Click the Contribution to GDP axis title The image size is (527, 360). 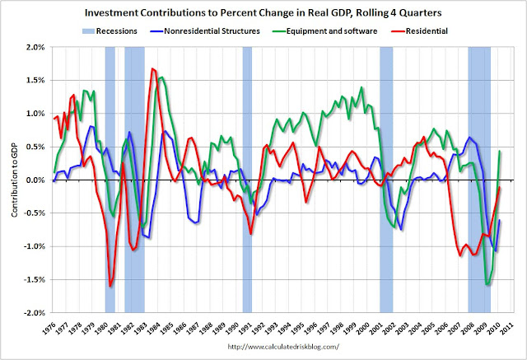pos(16,180)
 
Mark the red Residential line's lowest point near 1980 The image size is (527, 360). pos(110,287)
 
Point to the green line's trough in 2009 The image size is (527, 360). pos(489,284)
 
